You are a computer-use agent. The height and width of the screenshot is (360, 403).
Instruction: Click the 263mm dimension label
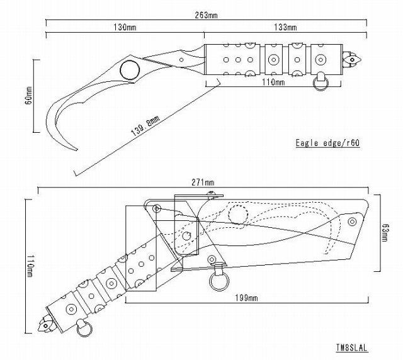point(206,15)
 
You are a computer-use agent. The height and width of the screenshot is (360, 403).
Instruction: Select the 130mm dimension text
point(125,27)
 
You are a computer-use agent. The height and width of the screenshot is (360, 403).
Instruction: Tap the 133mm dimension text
point(285,27)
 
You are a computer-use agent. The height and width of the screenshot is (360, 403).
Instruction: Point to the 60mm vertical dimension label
point(28,95)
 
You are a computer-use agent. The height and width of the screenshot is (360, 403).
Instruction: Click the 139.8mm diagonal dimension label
point(145,126)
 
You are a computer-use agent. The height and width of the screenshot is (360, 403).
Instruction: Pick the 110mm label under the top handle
point(273,82)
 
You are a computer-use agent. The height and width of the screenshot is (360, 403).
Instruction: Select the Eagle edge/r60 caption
point(327,143)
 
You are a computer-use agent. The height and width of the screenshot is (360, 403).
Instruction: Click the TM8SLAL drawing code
point(351,347)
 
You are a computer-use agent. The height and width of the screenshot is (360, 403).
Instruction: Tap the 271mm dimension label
point(203,183)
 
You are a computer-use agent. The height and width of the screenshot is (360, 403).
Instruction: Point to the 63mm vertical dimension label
point(385,233)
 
